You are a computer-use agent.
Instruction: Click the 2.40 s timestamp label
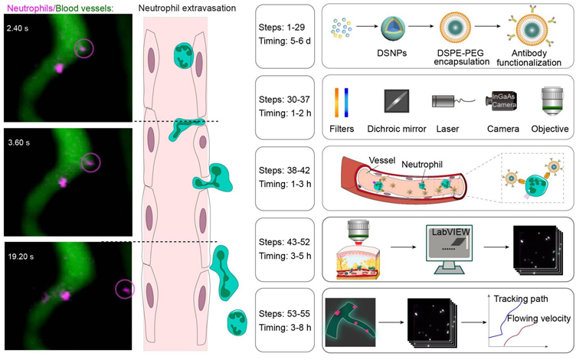tap(18, 28)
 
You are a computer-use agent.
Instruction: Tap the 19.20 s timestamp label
tap(21, 257)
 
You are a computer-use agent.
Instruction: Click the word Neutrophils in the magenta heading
tap(30, 8)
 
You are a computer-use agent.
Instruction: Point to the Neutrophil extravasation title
tap(187, 8)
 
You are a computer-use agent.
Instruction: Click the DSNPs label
tap(392, 54)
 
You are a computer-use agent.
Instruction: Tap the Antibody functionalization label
tap(529, 58)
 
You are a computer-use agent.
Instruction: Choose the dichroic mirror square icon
tap(396, 100)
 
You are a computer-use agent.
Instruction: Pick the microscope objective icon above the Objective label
tap(552, 101)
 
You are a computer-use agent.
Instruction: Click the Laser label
tap(447, 129)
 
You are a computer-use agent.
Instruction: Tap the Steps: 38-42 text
tap(284, 171)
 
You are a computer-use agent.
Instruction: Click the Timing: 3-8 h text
tap(285, 327)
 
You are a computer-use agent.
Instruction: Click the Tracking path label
tap(521, 299)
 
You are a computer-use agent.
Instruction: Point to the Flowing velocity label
tap(539, 319)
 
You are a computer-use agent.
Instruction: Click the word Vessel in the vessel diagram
tap(382, 160)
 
